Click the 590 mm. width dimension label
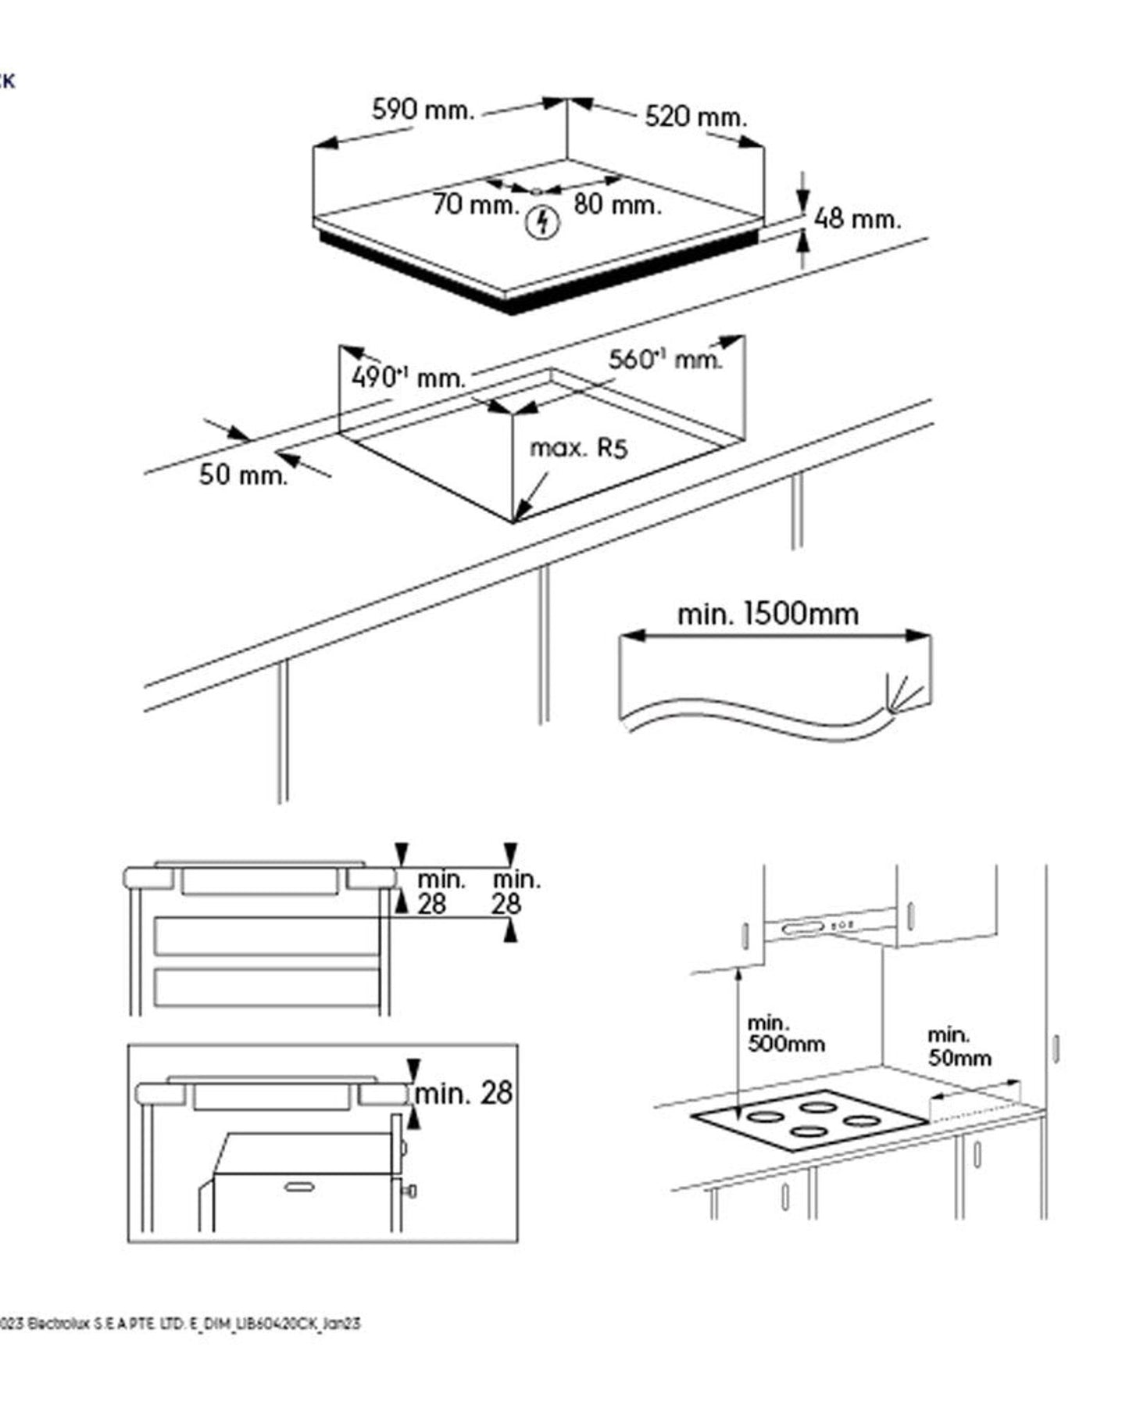pyautogui.click(x=423, y=109)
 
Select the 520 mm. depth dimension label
pyautogui.click(x=695, y=116)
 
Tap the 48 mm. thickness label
pyautogui.click(x=857, y=219)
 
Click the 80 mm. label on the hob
pyautogui.click(x=617, y=205)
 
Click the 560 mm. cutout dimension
pyautogui.click(x=665, y=359)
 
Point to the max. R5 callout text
pyautogui.click(x=579, y=448)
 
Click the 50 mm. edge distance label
pyautogui.click(x=243, y=475)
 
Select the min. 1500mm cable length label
pyautogui.click(x=767, y=614)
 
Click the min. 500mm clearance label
pyautogui.click(x=784, y=1034)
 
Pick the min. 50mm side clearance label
pyautogui.click(x=959, y=1047)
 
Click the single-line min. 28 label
pyautogui.click(x=463, y=1092)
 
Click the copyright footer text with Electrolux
pyautogui.click(x=180, y=1324)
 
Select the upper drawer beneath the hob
pyautogui.click(x=266, y=937)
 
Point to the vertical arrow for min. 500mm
pyautogui.click(x=738, y=1040)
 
